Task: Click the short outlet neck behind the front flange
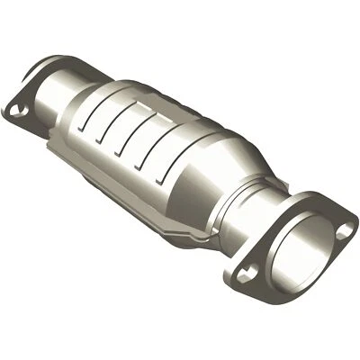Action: click(x=270, y=202)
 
